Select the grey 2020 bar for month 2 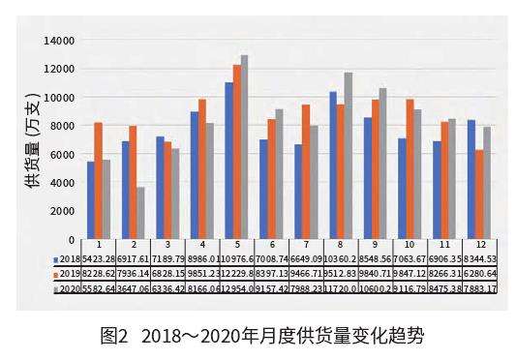point(140,213)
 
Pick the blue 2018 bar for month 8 point(333,165)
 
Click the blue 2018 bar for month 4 point(195,175)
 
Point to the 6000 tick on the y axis point(64,154)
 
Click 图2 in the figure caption point(116,338)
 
